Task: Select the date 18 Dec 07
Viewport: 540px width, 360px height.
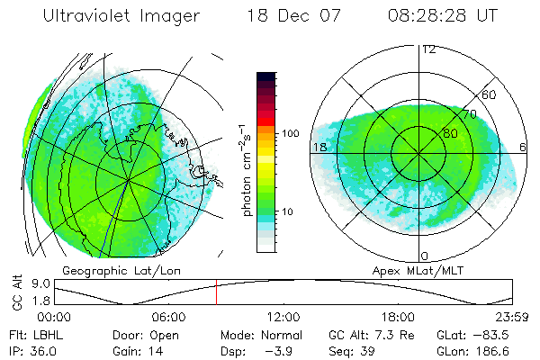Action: point(288,16)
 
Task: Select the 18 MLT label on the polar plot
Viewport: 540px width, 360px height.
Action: point(319,147)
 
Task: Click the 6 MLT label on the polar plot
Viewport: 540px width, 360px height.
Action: point(523,147)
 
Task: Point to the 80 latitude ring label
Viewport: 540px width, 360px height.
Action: point(450,133)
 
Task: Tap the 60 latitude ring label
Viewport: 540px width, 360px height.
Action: point(490,94)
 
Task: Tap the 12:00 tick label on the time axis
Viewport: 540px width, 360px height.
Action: point(283,316)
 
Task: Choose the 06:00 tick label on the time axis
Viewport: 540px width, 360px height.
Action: point(169,316)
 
